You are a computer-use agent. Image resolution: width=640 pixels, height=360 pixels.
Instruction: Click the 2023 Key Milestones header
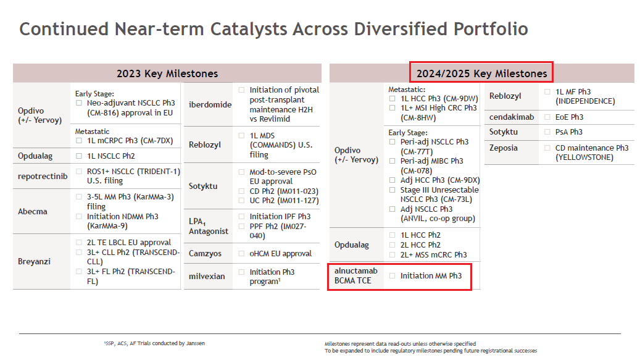[x=167, y=73]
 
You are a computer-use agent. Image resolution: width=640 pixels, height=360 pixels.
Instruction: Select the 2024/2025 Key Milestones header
[x=481, y=73]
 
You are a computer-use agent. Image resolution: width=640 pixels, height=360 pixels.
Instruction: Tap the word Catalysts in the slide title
[x=249, y=30]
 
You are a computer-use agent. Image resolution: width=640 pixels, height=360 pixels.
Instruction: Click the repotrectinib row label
[x=43, y=177]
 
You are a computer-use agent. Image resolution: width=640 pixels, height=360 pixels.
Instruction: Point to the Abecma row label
[x=33, y=211]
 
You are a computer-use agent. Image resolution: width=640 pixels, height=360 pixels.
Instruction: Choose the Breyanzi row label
[x=35, y=262]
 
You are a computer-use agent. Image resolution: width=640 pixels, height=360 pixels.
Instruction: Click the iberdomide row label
[x=210, y=104]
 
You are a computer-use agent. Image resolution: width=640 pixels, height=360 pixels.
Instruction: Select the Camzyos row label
[x=205, y=253]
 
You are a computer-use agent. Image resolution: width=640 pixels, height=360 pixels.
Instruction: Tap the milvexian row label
[x=207, y=276]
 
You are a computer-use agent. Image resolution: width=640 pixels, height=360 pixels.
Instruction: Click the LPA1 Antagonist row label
[x=208, y=226]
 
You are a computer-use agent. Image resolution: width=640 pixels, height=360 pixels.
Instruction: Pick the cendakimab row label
[x=512, y=117]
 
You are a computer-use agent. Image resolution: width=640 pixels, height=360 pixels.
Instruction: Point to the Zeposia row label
[x=503, y=148]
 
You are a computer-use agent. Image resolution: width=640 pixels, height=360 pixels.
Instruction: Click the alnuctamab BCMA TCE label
[x=356, y=275]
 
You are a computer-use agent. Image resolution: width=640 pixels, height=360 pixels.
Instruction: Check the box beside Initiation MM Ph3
[x=393, y=276]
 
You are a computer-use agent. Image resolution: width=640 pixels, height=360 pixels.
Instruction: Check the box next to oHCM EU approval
[x=242, y=253]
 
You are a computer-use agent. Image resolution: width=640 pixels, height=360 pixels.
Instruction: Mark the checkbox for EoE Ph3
[x=547, y=117]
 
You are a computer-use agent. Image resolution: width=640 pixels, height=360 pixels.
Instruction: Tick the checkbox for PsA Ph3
[x=547, y=132]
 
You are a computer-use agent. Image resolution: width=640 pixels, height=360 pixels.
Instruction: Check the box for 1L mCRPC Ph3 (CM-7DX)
[x=79, y=141]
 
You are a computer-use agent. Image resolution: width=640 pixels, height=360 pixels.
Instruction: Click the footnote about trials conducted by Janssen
[x=154, y=343]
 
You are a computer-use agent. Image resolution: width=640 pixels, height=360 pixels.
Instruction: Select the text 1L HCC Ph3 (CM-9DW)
[x=439, y=98]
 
